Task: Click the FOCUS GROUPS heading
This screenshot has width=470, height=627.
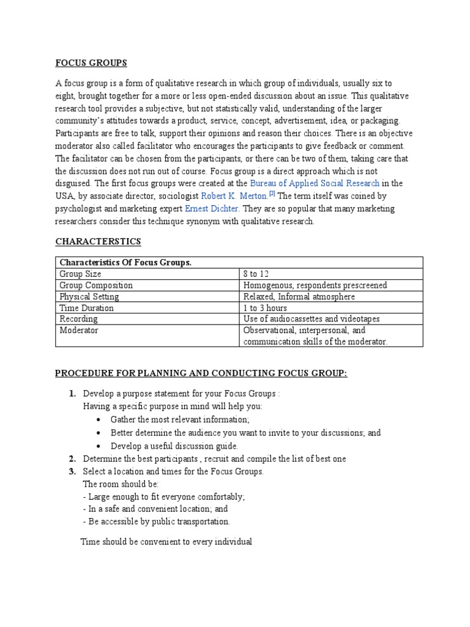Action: [91, 62]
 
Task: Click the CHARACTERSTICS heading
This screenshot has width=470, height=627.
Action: [98, 241]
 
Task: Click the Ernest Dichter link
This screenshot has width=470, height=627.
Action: [212, 209]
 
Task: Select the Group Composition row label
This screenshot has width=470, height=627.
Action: [96, 285]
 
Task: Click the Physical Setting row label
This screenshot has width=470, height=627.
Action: [89, 296]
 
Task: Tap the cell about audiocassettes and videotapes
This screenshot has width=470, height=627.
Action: [311, 319]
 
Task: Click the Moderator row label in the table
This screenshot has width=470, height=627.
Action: [79, 331]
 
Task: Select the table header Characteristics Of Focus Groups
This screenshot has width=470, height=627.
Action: [125, 262]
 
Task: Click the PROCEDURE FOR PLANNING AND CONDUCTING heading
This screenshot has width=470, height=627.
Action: [201, 374]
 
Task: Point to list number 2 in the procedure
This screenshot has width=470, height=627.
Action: [72, 459]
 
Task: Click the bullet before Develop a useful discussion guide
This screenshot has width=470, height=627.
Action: [99, 446]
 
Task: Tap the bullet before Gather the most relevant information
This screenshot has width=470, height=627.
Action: [99, 419]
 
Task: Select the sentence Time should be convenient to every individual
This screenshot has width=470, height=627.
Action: [166, 542]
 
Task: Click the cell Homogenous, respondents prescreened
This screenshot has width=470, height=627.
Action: [315, 285]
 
